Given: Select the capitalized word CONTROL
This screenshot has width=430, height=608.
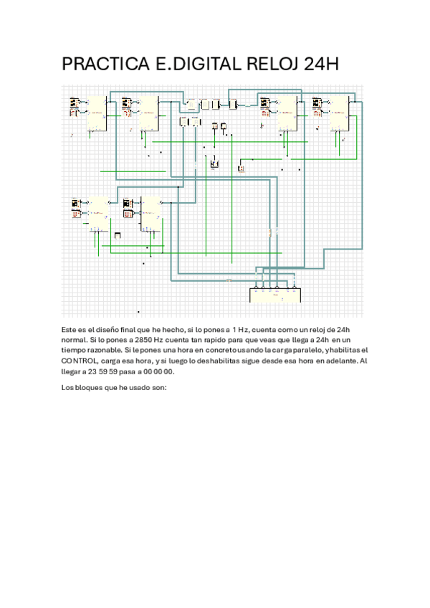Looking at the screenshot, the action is tap(80, 361).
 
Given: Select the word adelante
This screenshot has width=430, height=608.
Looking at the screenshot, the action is tap(337, 361).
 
